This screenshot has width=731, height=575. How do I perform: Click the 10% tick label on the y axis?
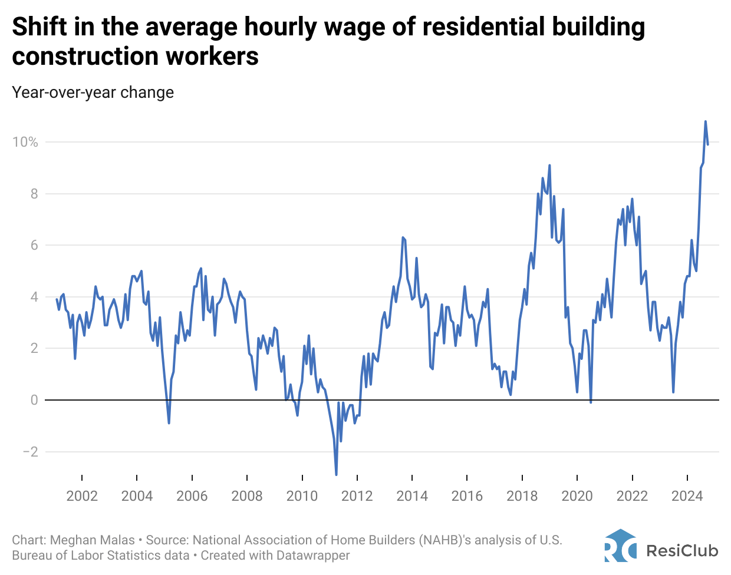(25, 142)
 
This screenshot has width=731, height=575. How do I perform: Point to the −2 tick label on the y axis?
(29, 452)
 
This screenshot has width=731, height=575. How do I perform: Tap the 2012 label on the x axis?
(357, 495)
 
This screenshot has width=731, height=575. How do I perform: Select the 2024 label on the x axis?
(687, 495)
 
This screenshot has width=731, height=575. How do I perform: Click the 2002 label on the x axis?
(82, 495)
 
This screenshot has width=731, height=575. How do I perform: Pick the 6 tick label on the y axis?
(34, 245)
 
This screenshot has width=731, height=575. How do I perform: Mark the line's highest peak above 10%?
(705, 122)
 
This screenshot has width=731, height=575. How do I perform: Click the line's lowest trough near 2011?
(336, 474)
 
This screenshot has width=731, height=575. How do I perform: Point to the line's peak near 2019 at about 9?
(549, 166)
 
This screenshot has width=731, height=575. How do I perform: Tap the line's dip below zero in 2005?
(169, 422)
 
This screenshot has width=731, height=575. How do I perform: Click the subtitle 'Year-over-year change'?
(93, 92)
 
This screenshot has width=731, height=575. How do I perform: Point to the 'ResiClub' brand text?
(682, 550)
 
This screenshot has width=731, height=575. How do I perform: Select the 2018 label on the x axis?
(522, 495)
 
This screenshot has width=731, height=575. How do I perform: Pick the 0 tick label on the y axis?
(34, 400)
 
